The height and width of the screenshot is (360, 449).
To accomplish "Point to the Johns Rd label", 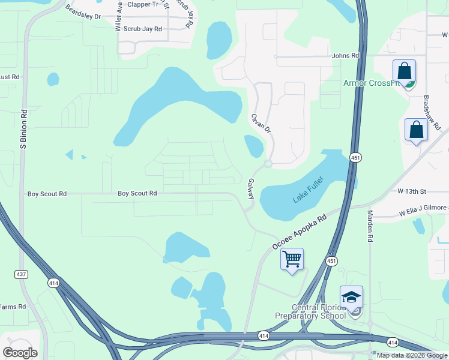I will point(345,56).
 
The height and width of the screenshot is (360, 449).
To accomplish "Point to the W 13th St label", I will point(411,191).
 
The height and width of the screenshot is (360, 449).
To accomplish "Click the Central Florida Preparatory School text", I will point(310,312).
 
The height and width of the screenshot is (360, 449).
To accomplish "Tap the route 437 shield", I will point(22,274).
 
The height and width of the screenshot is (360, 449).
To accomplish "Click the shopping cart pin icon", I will point(292,259).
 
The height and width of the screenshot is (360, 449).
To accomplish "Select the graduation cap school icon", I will point(351,297).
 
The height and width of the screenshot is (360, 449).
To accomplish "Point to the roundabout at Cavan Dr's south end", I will point(268,163).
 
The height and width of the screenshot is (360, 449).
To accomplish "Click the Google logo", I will point(20,353).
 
